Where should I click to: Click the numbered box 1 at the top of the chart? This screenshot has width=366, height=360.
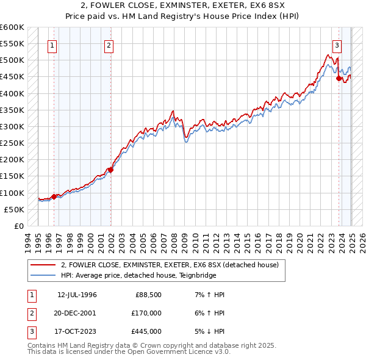pyautogui.click(x=52, y=45)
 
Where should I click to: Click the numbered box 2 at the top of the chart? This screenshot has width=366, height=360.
pyautogui.click(x=108, y=45)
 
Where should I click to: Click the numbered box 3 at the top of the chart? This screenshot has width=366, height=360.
pyautogui.click(x=337, y=45)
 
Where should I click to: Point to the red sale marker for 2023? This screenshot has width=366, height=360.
pyautogui.click(x=339, y=78)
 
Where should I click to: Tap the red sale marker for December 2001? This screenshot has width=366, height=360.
pyautogui.click(x=110, y=170)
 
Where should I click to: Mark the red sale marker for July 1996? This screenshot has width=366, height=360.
pyautogui.click(x=54, y=196)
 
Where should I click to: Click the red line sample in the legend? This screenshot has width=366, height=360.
pyautogui.click(x=43, y=265)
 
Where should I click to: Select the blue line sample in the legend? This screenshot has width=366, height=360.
pyautogui.click(x=43, y=275)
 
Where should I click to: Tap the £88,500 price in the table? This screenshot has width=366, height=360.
pyautogui.click(x=148, y=295)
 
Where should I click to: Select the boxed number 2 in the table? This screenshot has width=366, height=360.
pyautogui.click(x=31, y=313)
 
